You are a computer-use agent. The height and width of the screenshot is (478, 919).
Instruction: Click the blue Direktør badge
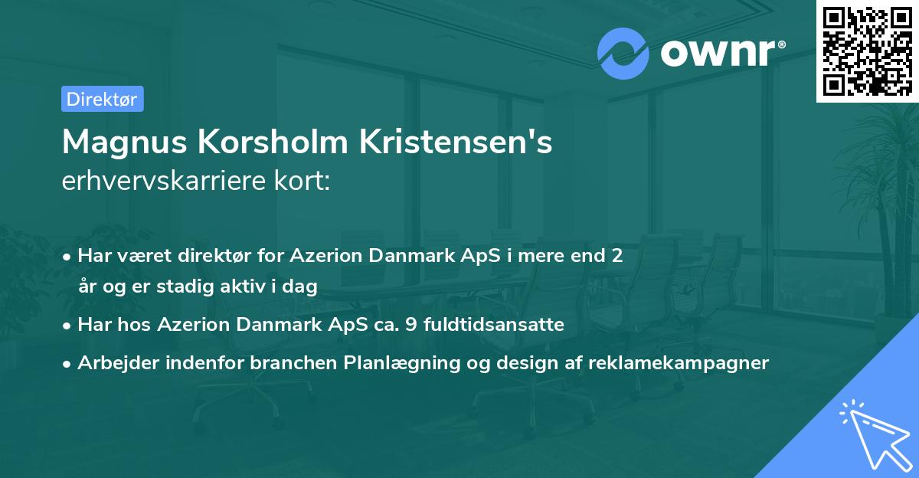103,99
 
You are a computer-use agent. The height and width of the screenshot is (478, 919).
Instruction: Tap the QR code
868,51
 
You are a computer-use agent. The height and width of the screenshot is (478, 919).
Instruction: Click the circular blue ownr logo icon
623,54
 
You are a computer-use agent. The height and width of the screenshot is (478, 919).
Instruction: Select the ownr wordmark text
718,53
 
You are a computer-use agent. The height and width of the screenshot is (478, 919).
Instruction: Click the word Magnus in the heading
125,142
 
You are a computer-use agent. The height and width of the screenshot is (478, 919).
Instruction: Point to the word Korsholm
273,142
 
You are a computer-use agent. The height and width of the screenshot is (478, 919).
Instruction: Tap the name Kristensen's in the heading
456,142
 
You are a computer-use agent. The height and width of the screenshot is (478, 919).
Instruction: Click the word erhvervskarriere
164,181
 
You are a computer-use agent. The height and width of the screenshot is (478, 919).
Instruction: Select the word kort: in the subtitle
303,181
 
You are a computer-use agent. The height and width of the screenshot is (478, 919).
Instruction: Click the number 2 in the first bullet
617,256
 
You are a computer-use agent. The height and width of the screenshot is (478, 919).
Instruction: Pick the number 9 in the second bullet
411,325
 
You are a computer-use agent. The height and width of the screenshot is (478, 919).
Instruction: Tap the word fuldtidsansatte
494,325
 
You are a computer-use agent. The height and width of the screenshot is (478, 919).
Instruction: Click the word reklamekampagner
679,362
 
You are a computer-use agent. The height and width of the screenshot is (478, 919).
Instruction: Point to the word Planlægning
402,362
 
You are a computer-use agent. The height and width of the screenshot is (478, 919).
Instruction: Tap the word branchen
294,362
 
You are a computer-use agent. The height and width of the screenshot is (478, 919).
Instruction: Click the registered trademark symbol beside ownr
781,44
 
